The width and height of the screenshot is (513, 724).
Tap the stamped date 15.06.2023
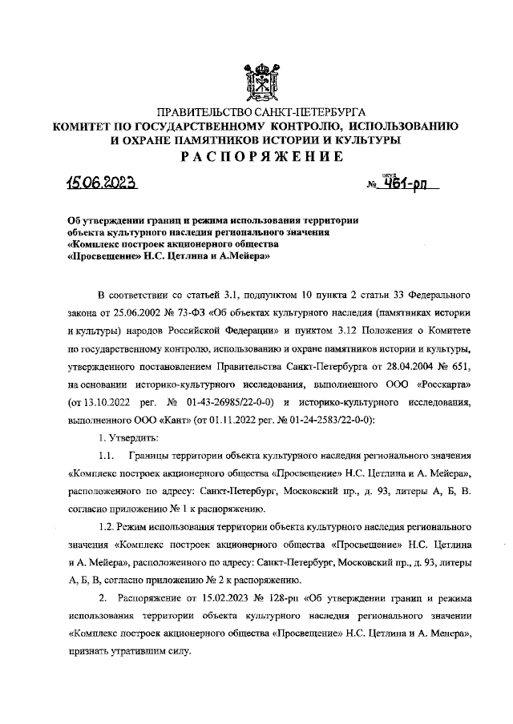pyautogui.click(x=102, y=183)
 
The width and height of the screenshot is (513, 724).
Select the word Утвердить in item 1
pyautogui.click(x=133, y=438)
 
